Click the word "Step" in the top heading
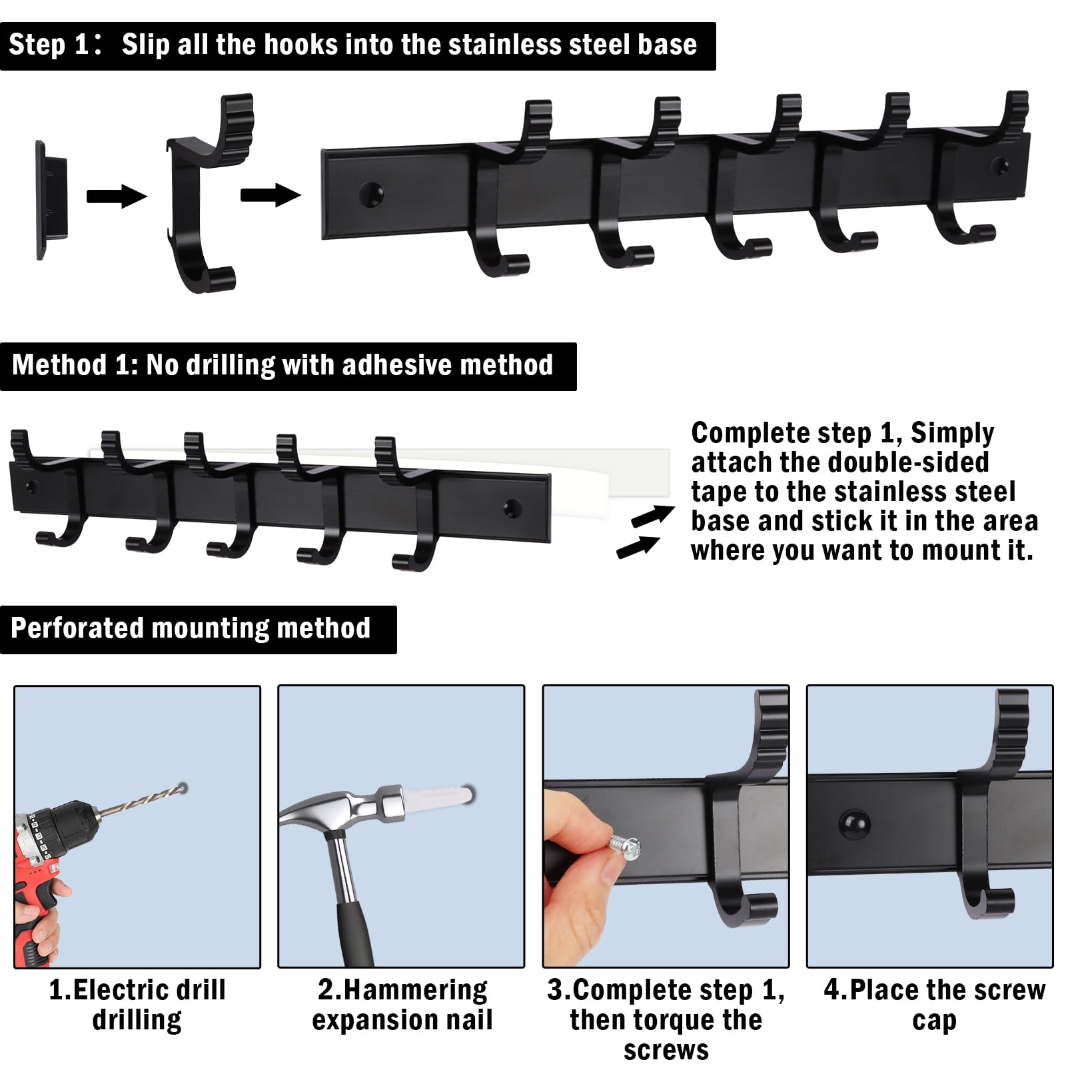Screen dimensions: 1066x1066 [x=37, y=45]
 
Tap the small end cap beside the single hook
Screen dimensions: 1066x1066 [x=51, y=199]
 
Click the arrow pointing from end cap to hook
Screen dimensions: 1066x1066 [x=116, y=196]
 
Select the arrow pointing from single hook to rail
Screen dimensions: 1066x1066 [x=270, y=195]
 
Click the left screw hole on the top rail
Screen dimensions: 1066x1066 [x=371, y=193]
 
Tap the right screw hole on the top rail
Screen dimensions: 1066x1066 [x=1000, y=165]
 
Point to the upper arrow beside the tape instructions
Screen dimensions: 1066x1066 [x=652, y=516]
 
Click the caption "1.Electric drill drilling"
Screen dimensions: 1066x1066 [x=137, y=1005]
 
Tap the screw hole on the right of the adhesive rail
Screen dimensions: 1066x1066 [x=512, y=508]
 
